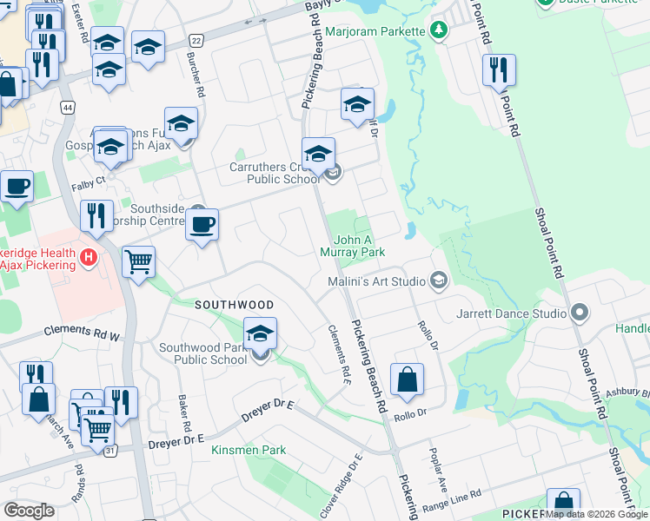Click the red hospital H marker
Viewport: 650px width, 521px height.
[87, 257]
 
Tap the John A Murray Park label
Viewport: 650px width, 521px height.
[359, 246]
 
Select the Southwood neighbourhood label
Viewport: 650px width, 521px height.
[234, 305]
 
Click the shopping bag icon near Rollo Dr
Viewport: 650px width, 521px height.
[407, 379]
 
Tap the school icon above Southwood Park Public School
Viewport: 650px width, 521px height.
[260, 334]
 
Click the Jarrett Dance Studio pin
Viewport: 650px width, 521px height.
[580, 312]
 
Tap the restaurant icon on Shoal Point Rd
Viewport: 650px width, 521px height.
[499, 70]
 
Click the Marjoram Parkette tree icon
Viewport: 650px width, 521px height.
[439, 32]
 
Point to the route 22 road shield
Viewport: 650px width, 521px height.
[197, 41]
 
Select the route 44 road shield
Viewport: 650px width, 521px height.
[67, 107]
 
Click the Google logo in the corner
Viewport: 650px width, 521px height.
[29, 511]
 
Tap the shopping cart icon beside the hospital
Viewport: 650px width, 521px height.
[139, 261]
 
